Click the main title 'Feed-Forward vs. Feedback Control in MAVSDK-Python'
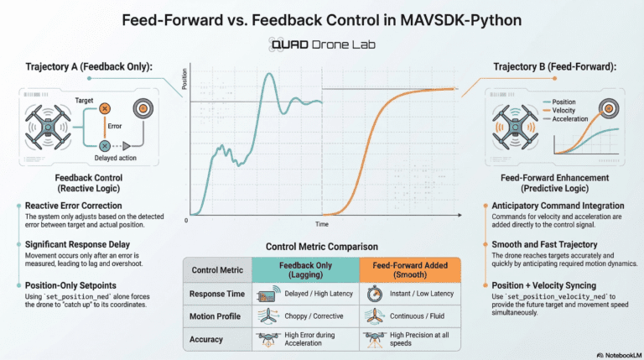[x=322, y=18]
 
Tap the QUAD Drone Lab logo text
[x=322, y=44]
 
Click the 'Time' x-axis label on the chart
[x=322, y=226]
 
